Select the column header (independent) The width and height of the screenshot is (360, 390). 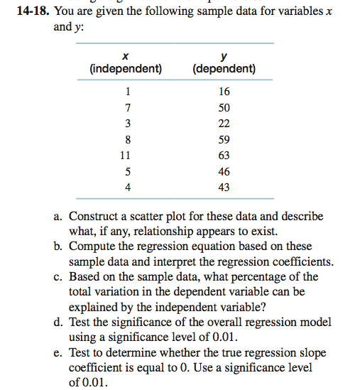126,69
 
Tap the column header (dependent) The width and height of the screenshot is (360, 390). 224,69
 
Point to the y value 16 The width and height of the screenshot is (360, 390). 224,92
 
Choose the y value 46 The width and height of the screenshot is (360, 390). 224,171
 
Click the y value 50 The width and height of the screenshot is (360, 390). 224,107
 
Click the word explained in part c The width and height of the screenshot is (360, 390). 96,307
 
